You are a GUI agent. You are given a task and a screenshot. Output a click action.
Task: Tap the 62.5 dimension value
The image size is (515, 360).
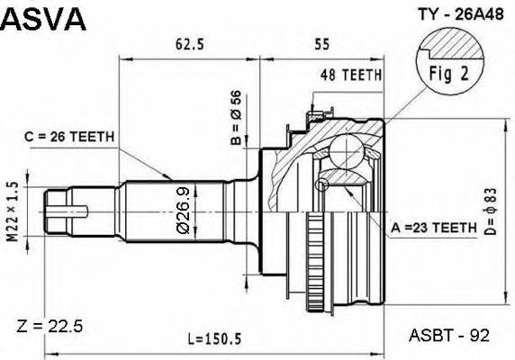[190, 42]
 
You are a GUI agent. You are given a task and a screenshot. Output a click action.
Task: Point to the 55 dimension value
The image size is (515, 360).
[321, 42]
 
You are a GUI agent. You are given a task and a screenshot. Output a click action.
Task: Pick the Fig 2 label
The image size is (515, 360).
[442, 76]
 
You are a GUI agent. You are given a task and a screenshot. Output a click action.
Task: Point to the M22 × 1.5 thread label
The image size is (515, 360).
[13, 210]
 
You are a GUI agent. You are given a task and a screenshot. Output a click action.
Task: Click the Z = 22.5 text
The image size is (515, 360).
[50, 327]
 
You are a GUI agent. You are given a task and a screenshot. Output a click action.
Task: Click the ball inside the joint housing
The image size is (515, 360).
[346, 150]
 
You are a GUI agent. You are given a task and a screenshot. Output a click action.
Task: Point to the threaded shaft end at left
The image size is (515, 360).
[63, 211]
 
